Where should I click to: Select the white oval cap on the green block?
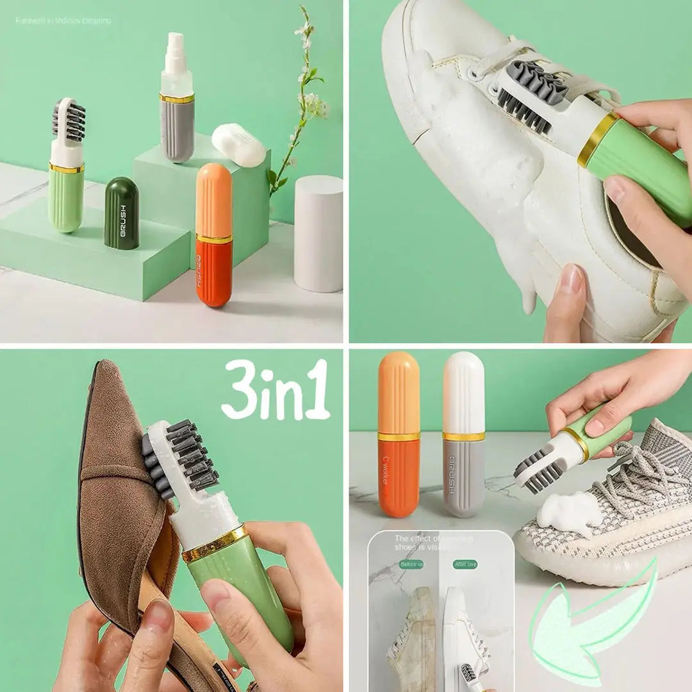click(238, 145)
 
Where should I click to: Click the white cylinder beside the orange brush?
click(318, 233)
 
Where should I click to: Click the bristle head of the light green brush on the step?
click(68, 120)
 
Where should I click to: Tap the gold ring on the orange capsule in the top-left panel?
click(214, 239)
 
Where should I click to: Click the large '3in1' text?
click(276, 390)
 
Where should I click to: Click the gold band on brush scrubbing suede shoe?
click(215, 544)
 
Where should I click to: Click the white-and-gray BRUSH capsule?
click(464, 436)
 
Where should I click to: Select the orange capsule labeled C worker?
click(399, 436)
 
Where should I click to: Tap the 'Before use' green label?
click(411, 564)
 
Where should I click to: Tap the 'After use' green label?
click(465, 564)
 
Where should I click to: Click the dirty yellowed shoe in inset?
click(413, 634)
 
